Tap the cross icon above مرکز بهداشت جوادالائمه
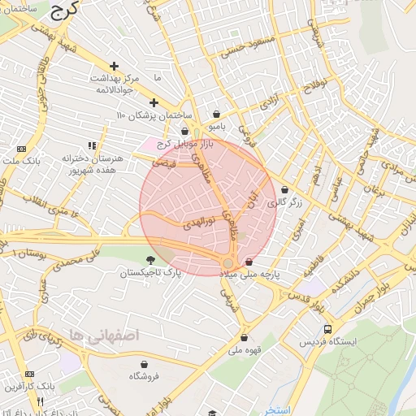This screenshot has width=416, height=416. tap(114, 66)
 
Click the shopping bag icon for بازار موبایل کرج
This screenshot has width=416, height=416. tap(185, 131)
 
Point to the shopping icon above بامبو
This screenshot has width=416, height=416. tap(216, 115)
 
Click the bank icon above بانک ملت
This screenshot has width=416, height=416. tap(20, 149)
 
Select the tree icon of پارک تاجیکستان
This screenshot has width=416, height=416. tap(150, 260)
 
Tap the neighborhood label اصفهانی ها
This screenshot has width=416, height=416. tap(105, 335)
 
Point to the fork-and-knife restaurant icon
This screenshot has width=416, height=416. tap(40, 401)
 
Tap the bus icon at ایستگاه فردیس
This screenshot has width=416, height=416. tap(327, 330)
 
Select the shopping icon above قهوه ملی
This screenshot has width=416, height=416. tap(244, 338)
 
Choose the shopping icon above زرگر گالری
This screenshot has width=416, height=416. tap(284, 190)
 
